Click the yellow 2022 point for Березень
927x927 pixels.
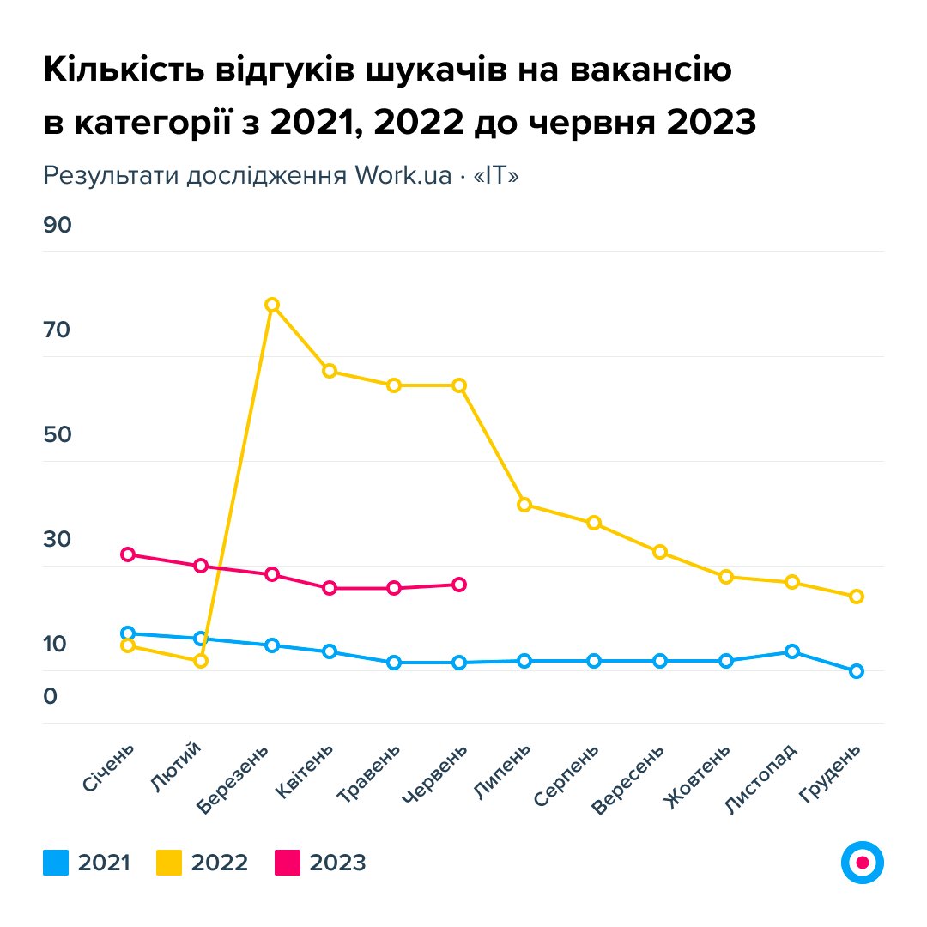point(272,305)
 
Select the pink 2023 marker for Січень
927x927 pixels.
point(128,554)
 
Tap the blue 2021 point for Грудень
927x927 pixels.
point(856,671)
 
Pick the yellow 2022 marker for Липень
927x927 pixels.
point(524,504)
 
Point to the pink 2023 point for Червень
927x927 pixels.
point(459,585)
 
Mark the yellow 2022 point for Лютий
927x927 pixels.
point(201,661)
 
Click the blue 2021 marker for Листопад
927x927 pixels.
point(791,651)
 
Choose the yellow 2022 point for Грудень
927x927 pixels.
point(856,597)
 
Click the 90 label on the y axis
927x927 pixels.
point(58,226)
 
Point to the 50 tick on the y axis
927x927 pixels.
point(58,435)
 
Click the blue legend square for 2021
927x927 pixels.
point(55,862)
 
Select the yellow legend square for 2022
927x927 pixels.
point(169,862)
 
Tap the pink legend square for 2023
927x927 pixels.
point(287,862)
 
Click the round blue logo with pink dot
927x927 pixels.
point(863,862)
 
